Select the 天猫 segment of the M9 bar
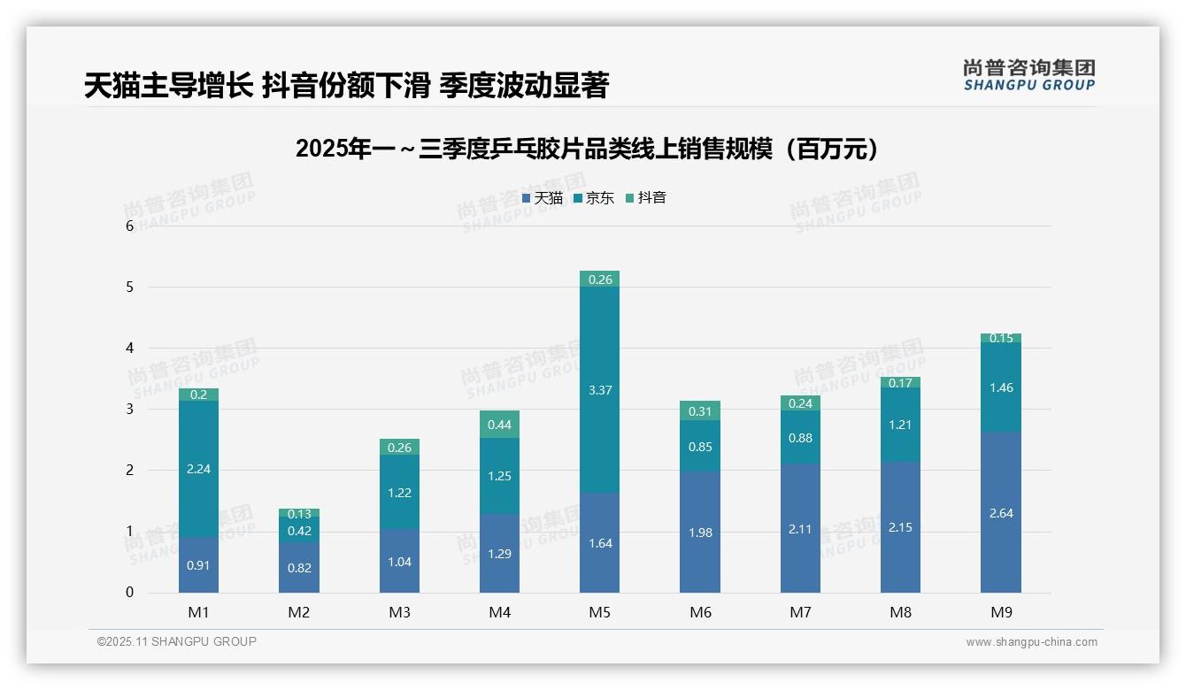[1000, 512]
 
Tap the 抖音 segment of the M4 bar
[499, 425]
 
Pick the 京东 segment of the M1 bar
[198, 469]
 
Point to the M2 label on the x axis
[299, 612]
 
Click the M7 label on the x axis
[800, 612]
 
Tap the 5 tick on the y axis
[129, 287]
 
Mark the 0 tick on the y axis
[129, 593]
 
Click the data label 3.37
[599, 390]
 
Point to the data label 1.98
[700, 533]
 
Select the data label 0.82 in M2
[299, 568]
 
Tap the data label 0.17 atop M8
[900, 383]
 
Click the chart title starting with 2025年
[589, 149]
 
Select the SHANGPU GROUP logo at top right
[1028, 75]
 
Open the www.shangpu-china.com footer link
[1031, 642]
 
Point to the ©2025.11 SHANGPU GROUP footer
[177, 641]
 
